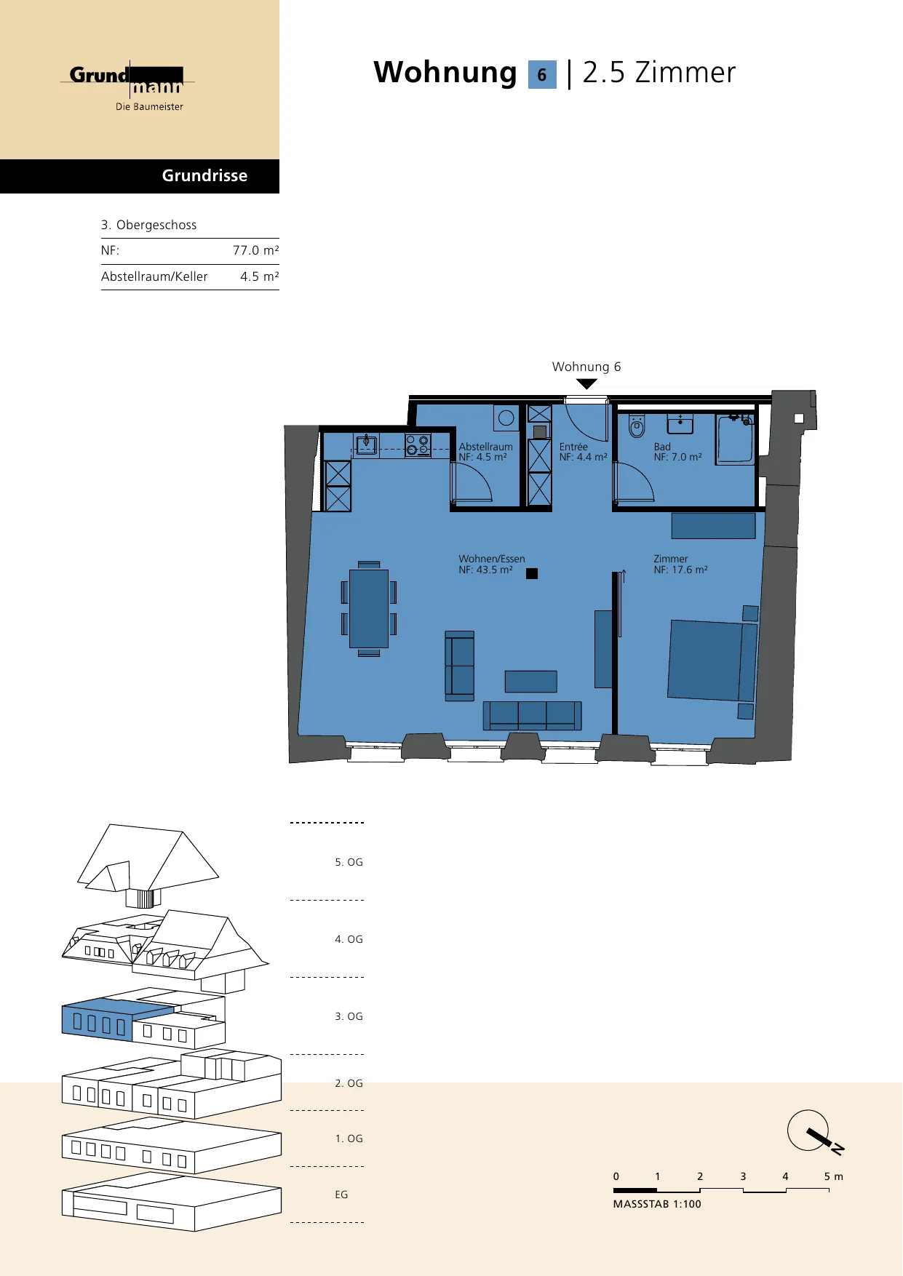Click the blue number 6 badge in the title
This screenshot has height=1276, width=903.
(542, 74)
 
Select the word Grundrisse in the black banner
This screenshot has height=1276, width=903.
(204, 175)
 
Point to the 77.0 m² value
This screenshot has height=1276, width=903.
(255, 250)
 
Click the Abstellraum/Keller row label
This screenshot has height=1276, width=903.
(154, 276)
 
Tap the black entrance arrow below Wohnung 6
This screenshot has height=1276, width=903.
(586, 384)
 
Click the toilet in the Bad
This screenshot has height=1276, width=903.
(637, 426)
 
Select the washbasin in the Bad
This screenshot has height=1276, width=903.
(680, 423)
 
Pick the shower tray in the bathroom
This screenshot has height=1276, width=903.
(735, 439)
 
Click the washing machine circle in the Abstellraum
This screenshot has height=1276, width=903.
(506, 418)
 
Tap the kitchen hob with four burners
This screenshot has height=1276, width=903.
(418, 445)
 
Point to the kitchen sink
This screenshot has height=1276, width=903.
(366, 444)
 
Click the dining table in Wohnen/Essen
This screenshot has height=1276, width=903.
(369, 608)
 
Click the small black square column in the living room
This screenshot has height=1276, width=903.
(532, 573)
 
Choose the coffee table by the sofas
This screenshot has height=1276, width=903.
(531, 682)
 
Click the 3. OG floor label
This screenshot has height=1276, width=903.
(349, 1016)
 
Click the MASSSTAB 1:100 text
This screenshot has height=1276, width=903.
(657, 1204)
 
